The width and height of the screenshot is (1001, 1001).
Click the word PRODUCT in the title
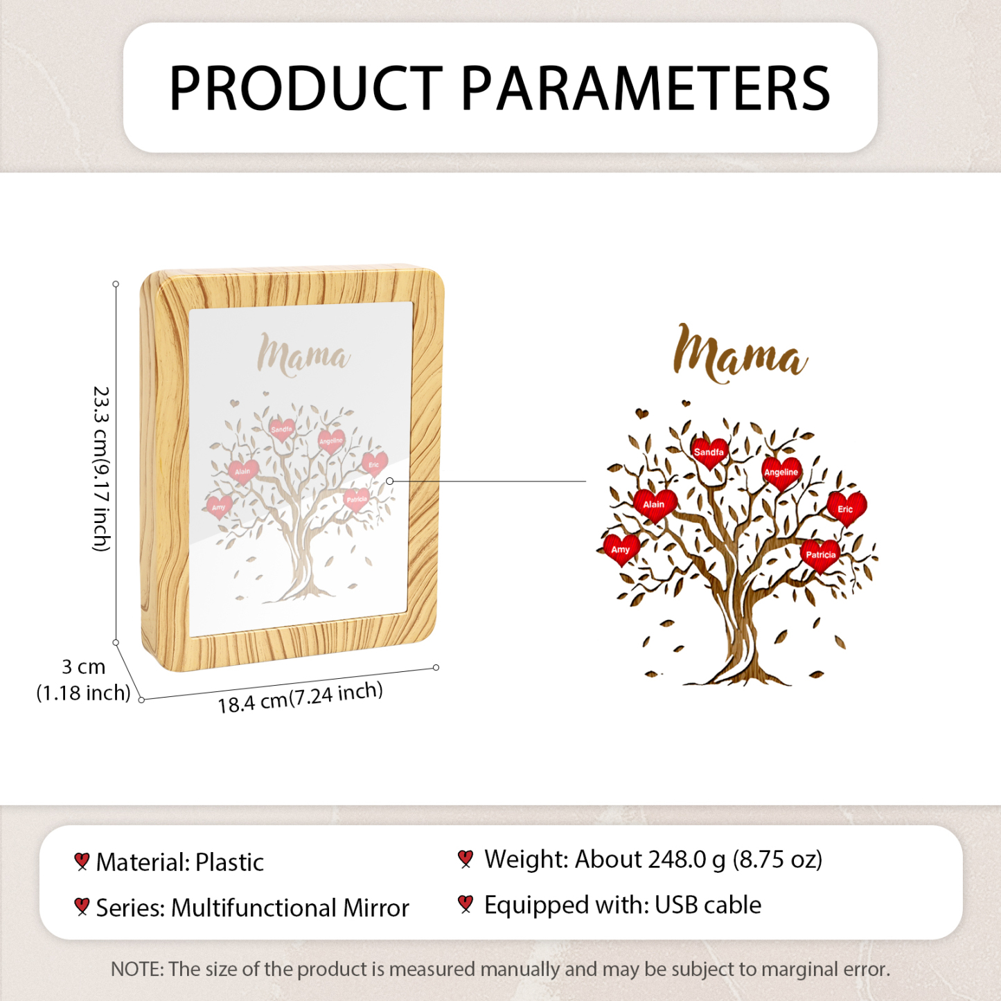[306, 87]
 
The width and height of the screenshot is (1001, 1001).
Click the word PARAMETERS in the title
[645, 87]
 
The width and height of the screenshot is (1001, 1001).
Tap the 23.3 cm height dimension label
[101, 468]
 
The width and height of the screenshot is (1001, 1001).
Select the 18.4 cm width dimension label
[300, 698]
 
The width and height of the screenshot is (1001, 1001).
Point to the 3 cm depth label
[84, 680]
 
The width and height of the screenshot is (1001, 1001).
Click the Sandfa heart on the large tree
[709, 452]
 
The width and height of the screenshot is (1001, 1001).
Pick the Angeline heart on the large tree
[781, 472]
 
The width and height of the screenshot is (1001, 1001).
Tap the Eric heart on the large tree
[847, 508]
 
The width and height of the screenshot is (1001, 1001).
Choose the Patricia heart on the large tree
[821, 555]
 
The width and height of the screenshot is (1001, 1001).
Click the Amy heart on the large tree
[621, 549]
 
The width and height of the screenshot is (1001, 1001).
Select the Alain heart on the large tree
[655, 504]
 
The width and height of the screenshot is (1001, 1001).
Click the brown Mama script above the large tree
[740, 354]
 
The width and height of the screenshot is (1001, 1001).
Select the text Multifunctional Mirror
[290, 907]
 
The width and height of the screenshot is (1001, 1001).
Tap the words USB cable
[707, 905]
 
